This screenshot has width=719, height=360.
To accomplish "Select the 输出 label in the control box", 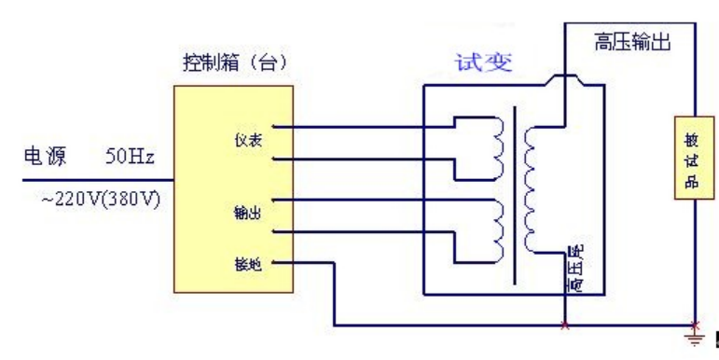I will [246, 213].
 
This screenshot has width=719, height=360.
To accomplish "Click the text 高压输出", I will [631, 43].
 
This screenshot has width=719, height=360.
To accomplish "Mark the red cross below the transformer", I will [564, 326].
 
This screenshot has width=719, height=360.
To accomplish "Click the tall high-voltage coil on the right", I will [532, 191].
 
